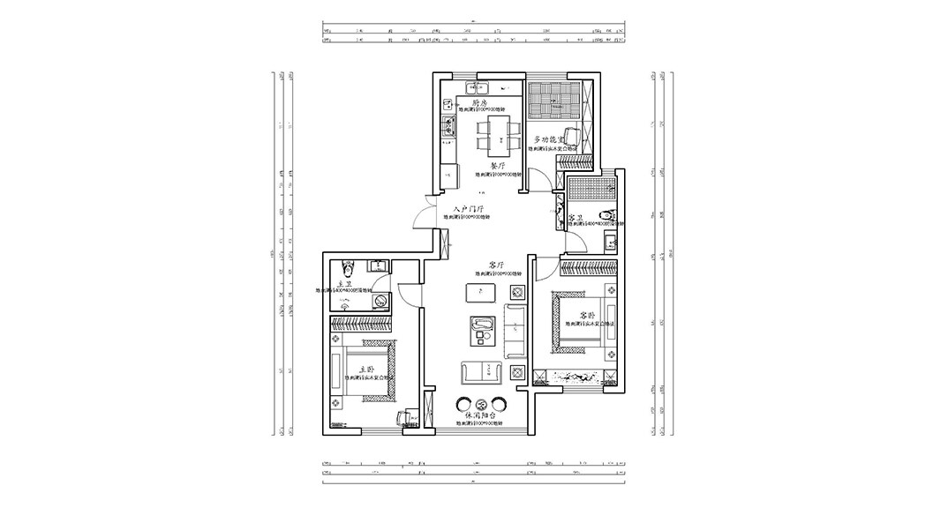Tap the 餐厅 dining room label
point(497,166)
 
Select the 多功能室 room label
point(550,140)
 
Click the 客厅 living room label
point(495,265)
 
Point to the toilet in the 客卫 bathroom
point(606,217)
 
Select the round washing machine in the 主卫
point(380,301)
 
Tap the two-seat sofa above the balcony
point(482,373)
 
